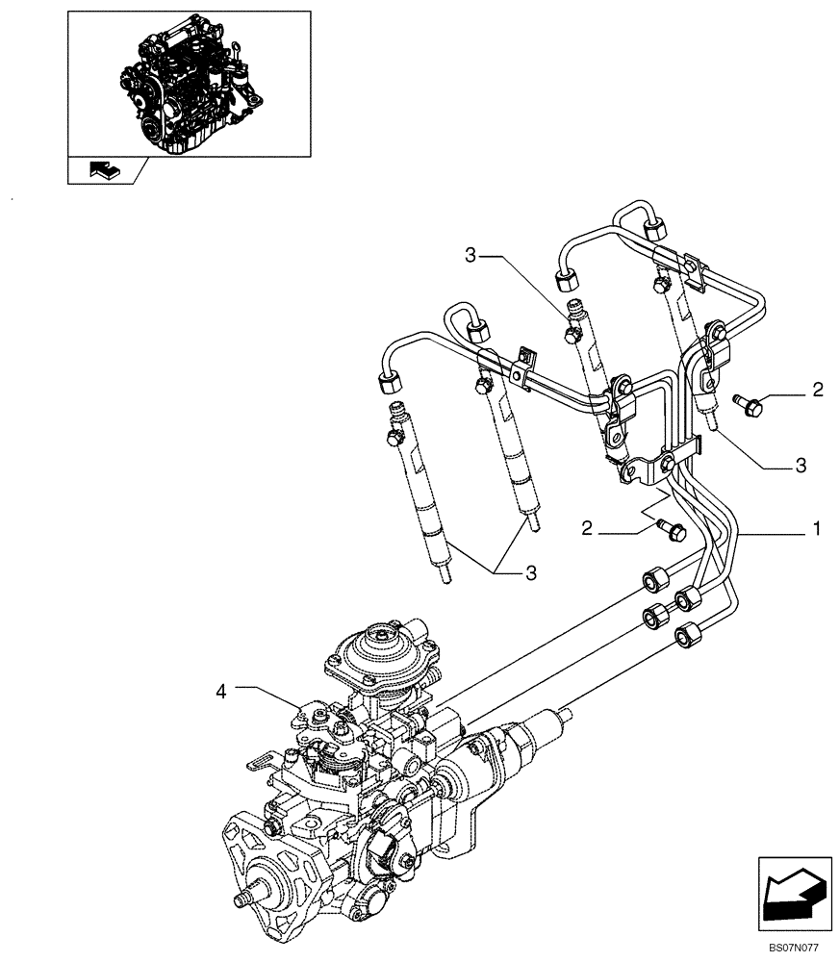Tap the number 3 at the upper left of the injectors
[x=470, y=255]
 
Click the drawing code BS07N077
[x=795, y=949]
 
